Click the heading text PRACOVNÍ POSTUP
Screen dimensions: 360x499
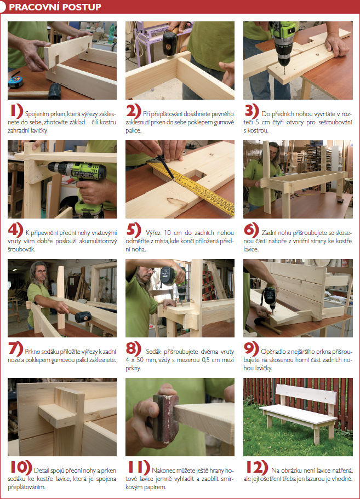coord(55,7)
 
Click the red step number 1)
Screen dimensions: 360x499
coord(16,111)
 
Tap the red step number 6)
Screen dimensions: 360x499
coord(252,230)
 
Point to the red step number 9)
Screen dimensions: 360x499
coord(251,349)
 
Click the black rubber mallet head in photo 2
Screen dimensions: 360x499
coord(169,43)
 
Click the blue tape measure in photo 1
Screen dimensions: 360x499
coord(15,82)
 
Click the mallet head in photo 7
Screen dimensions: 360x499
coord(83,317)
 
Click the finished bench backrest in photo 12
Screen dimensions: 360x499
coord(306,394)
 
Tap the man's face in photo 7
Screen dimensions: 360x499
coord(41,273)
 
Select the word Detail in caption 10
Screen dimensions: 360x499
coord(41,471)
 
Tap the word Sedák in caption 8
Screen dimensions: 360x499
coord(154,352)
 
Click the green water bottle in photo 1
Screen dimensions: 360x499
coord(111,34)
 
